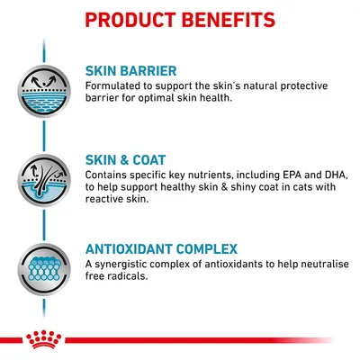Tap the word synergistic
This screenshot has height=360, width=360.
(x=126, y=263)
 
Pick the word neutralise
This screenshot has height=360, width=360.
(x=315, y=263)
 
